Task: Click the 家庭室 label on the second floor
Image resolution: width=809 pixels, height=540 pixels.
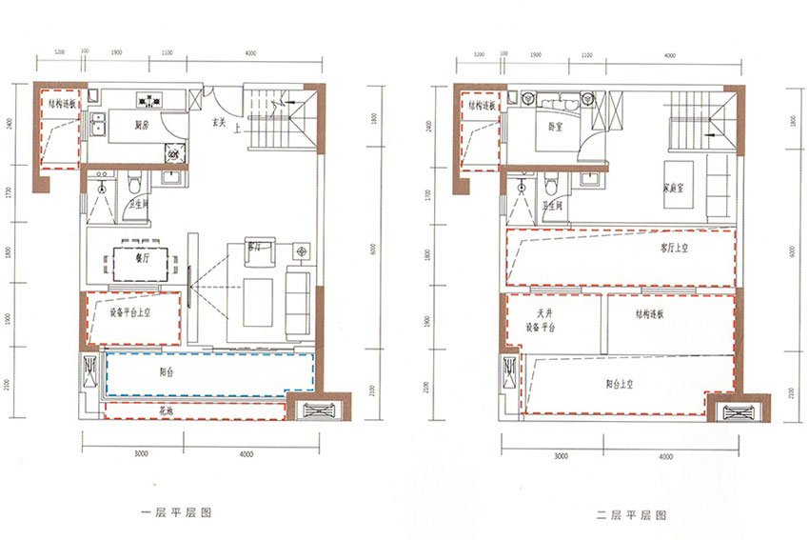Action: click(674, 188)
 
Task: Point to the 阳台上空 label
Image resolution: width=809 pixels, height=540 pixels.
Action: click(625, 383)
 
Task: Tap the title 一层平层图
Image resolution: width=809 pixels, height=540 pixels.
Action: click(175, 512)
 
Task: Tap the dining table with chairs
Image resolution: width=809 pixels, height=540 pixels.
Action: click(141, 261)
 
